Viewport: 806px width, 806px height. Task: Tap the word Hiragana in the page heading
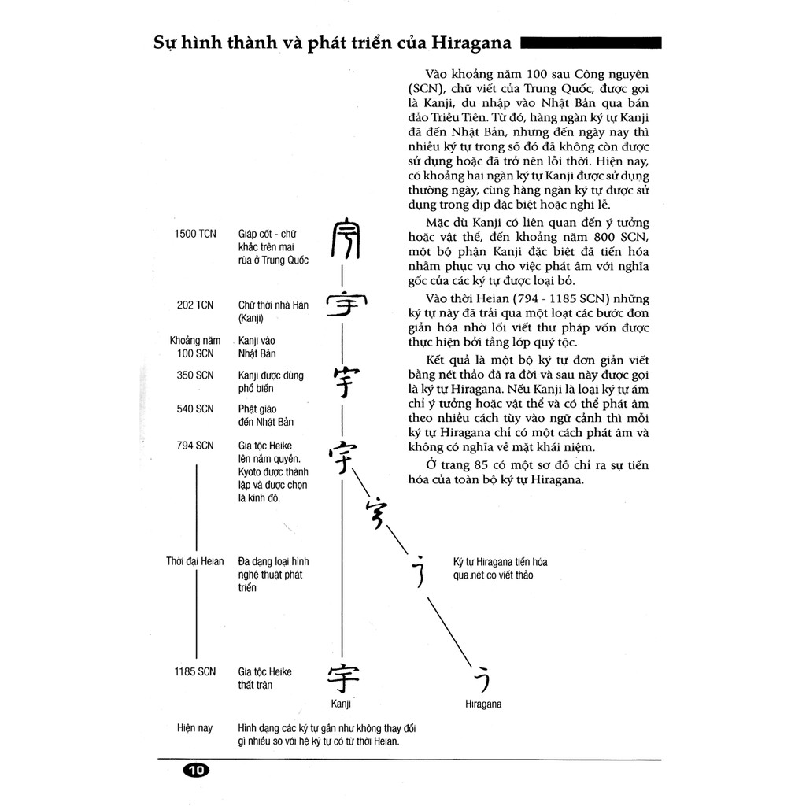point(466,43)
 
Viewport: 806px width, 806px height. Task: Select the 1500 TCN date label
point(194,235)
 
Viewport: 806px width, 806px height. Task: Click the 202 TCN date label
point(194,305)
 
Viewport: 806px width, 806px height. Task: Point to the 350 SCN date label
point(194,375)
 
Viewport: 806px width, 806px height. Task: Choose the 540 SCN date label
point(194,409)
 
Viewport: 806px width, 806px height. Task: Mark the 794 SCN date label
point(194,446)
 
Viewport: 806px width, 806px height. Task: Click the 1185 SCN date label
point(194,671)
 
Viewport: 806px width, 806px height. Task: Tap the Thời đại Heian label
point(194,562)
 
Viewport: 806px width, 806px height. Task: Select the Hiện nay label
point(194,728)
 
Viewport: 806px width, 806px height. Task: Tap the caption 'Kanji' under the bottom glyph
point(340,704)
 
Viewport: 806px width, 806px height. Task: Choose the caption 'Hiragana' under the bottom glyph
point(483,704)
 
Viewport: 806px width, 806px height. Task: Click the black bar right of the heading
point(591,43)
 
